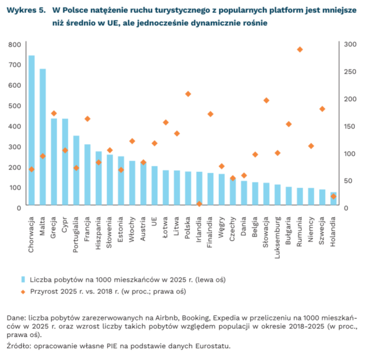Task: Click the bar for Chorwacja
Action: tap(31, 131)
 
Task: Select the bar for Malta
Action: tap(43, 138)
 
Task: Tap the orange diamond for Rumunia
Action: tap(300, 49)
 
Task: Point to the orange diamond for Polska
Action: tap(188, 94)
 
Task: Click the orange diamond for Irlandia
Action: tap(199, 204)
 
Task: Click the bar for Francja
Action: tap(87, 176)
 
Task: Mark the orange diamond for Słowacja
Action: tap(267, 100)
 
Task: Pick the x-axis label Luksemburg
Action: tap(278, 233)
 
